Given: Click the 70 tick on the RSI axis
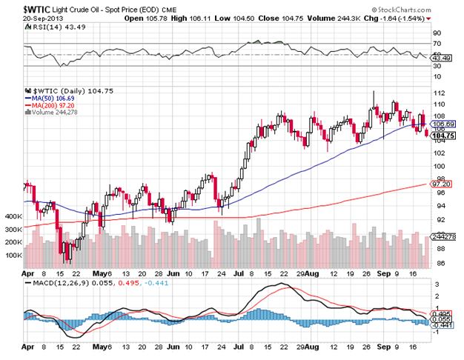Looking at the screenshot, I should (x=436, y=33).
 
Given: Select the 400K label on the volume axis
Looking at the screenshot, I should (x=12, y=216).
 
